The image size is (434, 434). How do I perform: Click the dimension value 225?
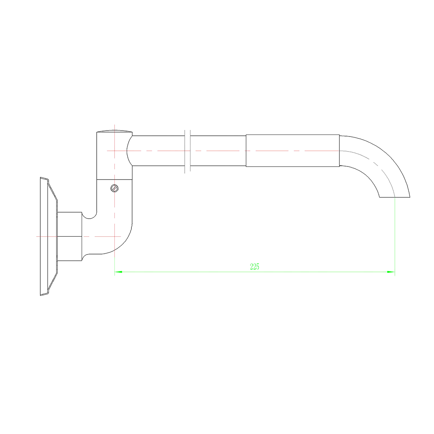pyautogui.click(x=254, y=267)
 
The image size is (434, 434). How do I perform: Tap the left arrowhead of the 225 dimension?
pyautogui.click(x=118, y=272)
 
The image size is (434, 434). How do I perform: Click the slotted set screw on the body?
pyautogui.click(x=115, y=188)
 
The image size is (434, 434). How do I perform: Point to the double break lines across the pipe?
pyautogui.click(x=187, y=151)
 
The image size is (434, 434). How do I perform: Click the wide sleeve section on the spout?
pyautogui.click(x=292, y=151)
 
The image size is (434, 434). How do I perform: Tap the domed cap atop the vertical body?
pyautogui.click(x=114, y=131)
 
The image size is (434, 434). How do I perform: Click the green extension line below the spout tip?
pyautogui.click(x=395, y=237)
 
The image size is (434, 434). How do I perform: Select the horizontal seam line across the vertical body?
pyautogui.click(x=114, y=180)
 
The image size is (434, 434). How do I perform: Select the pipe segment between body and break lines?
pyautogui.click(x=158, y=151)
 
